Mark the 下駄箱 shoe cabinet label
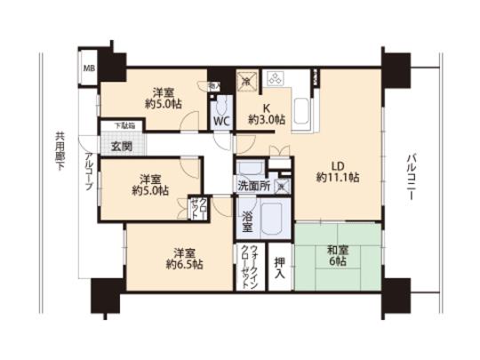(112, 126)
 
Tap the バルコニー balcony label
(412, 179)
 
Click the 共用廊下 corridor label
(60, 152)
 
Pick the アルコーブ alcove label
(89, 172)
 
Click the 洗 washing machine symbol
(280, 186)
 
